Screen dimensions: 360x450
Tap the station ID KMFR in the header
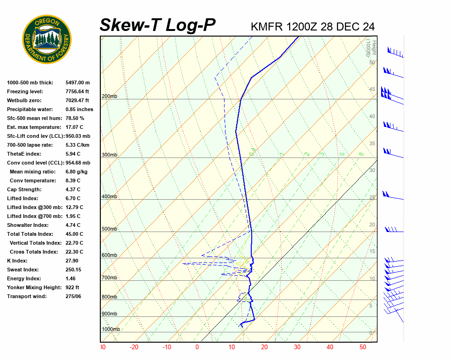[267, 26]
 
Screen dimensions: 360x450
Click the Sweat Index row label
[23, 270]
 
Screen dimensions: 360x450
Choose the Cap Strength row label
[24, 189]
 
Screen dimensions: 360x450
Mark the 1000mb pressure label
[111, 330]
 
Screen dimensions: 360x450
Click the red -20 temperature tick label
[135, 347]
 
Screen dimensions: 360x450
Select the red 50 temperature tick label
[362, 347]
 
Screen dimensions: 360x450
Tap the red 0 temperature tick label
[197, 347]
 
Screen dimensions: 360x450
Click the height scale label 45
[372, 90]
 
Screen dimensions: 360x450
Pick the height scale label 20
[372, 225]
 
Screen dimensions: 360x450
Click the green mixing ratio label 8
[361, 154]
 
